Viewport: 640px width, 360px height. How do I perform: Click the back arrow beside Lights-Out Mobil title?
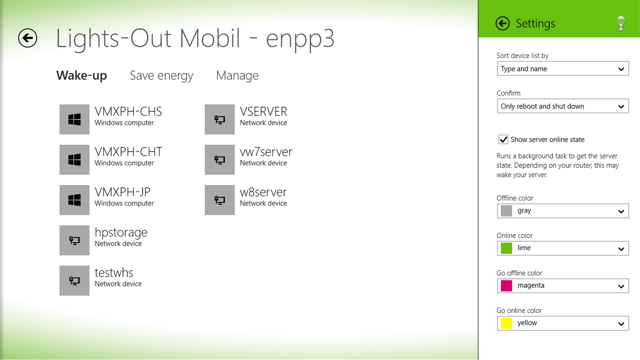click(27, 38)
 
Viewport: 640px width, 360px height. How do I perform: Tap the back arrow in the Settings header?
click(502, 23)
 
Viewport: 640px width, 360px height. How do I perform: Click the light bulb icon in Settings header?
click(621, 23)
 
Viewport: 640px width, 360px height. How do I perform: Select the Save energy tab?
click(161, 75)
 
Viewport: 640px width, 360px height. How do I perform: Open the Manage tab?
click(237, 75)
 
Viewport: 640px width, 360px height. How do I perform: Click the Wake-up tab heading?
click(81, 75)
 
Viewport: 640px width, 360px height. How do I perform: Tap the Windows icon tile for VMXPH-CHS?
click(74, 119)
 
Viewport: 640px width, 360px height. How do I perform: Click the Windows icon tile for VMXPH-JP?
click(74, 200)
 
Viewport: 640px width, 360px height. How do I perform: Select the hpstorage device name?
click(121, 232)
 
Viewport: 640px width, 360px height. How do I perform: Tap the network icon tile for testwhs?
click(74, 280)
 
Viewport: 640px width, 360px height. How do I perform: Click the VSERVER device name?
click(264, 112)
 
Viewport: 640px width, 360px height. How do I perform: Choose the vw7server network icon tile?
click(220, 160)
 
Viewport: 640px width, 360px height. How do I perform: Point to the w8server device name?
click(263, 192)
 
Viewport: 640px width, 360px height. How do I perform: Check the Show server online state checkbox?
click(503, 140)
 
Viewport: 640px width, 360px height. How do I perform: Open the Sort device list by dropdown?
click(563, 69)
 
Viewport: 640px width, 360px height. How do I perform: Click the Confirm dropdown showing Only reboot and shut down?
click(563, 106)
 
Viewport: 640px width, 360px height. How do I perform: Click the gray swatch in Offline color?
click(506, 211)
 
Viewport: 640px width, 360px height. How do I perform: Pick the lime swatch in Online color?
click(506, 248)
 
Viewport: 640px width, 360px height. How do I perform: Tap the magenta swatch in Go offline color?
click(506, 286)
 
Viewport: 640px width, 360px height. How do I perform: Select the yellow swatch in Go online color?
click(506, 323)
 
